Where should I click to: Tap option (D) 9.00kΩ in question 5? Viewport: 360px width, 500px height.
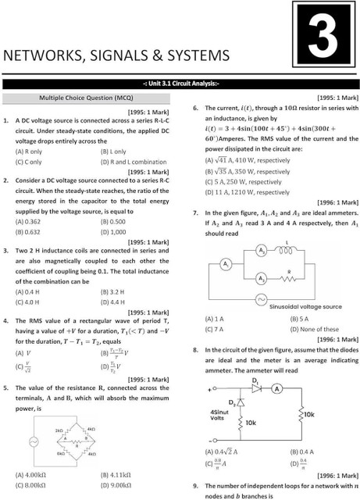pos(117,484)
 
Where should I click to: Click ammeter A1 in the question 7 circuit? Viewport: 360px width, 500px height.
pos(225,265)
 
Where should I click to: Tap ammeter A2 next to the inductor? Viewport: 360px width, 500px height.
pos(262,251)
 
